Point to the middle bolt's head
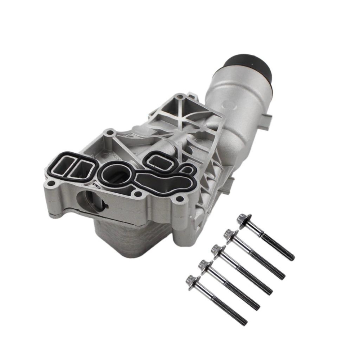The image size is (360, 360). click(216, 249)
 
